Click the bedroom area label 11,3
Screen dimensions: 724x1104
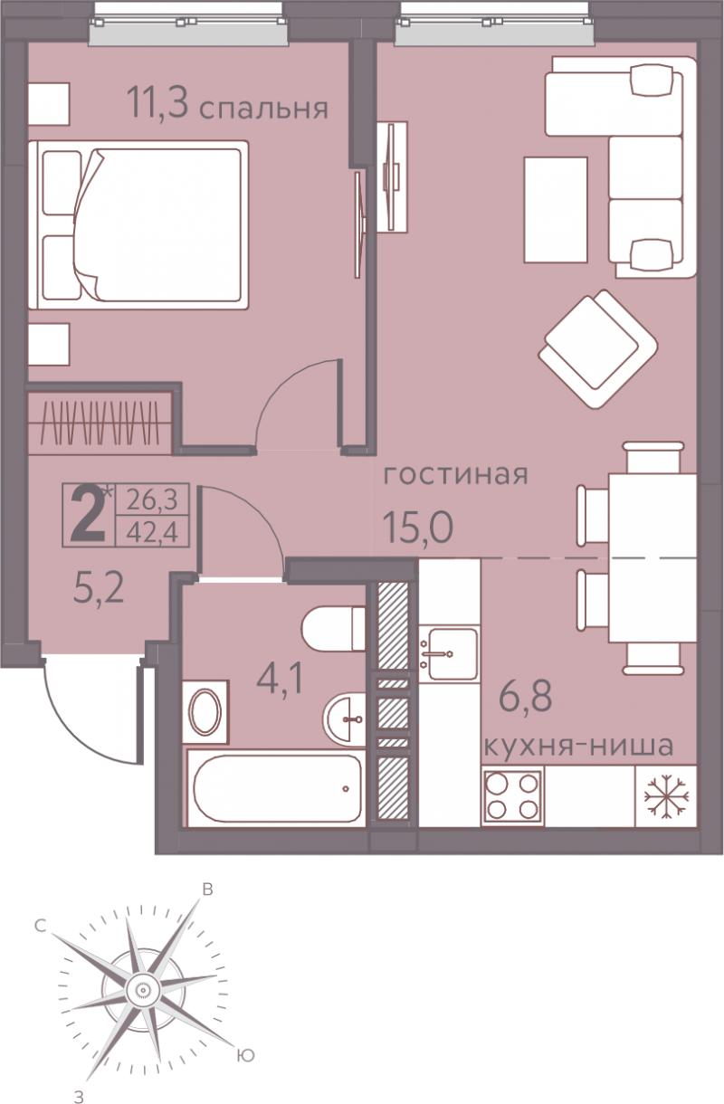(x=157, y=103)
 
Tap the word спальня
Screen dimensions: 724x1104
(x=263, y=109)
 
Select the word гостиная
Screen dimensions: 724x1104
(x=456, y=474)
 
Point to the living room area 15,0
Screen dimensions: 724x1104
(x=418, y=527)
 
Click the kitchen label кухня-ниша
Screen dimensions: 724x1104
(x=578, y=747)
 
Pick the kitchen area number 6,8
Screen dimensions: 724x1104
(x=525, y=695)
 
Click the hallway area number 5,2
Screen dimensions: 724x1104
(x=98, y=588)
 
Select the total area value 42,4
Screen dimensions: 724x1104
(x=152, y=532)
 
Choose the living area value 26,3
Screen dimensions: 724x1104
(x=152, y=500)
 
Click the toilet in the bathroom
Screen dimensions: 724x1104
(x=333, y=628)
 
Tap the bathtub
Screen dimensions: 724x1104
(x=277, y=788)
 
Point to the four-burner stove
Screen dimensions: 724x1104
(x=513, y=796)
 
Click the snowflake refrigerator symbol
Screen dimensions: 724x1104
(x=666, y=796)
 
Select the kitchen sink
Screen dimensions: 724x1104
(x=450, y=654)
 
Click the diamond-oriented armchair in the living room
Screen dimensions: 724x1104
(x=598, y=349)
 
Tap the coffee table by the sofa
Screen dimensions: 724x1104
(x=556, y=209)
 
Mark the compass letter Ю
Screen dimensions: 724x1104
(x=245, y=1055)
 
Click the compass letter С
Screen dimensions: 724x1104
(x=41, y=926)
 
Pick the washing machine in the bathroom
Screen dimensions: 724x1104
(x=205, y=711)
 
